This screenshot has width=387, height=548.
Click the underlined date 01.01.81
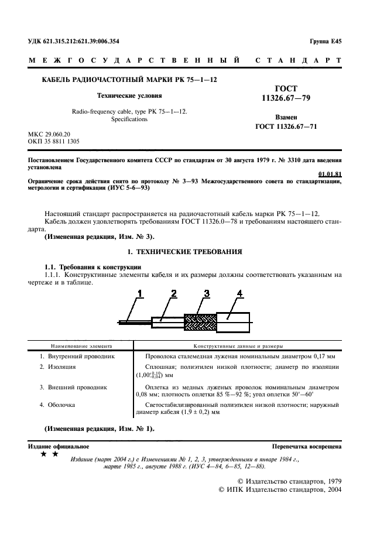tap(330, 174)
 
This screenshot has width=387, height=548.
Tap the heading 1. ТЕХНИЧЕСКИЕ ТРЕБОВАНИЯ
tap(189, 251)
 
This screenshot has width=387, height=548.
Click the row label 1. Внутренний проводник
tap(77, 356)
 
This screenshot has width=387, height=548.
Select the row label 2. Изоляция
tap(58, 367)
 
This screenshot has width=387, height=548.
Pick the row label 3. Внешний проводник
tap(73, 388)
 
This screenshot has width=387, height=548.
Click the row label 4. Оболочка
tap(57, 405)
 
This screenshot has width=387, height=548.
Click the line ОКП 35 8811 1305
tap(55, 141)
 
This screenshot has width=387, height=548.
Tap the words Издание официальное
tap(56, 446)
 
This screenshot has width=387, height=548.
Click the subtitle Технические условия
tap(129, 95)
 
